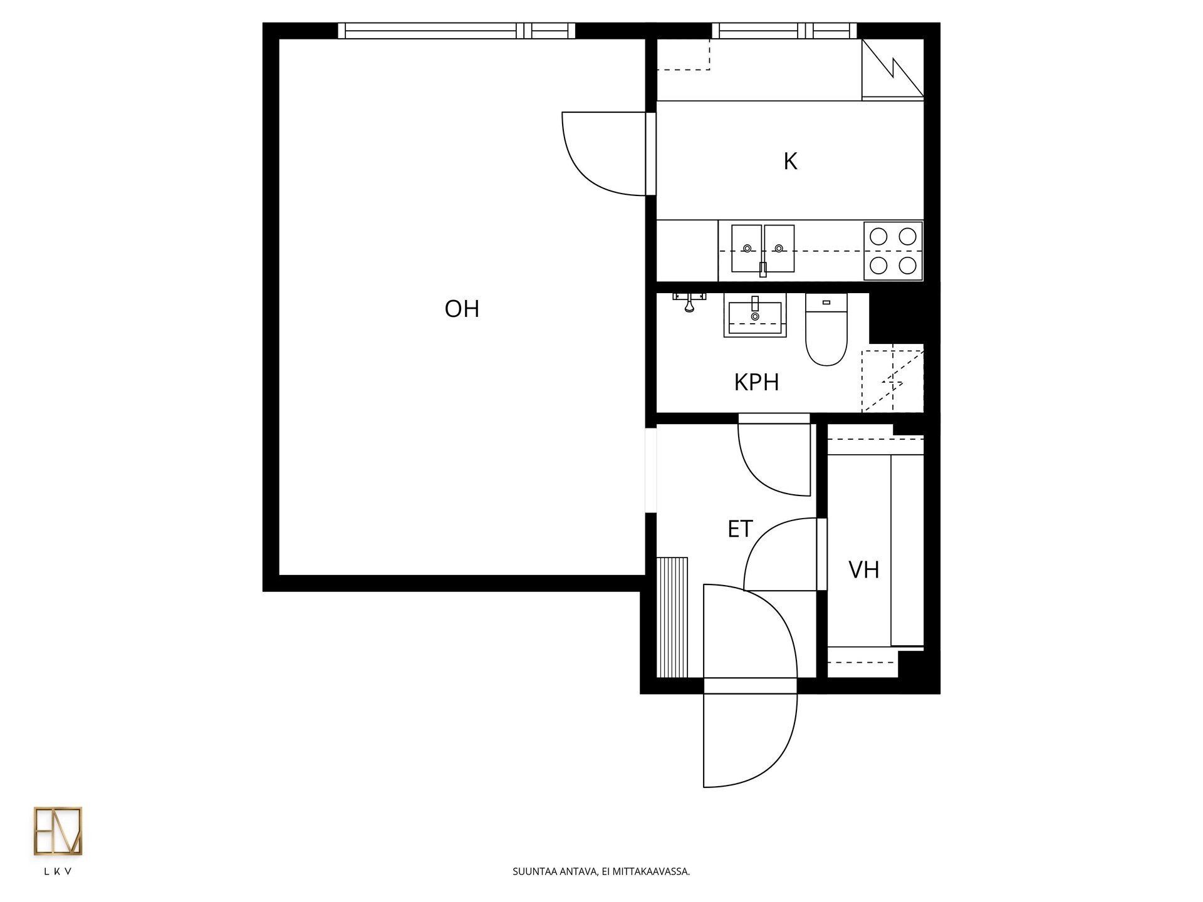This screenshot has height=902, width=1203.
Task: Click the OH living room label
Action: click(462, 309)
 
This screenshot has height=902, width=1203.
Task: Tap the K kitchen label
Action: click(790, 162)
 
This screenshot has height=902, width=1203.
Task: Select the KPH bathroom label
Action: click(756, 382)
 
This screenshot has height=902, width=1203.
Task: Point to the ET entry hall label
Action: click(739, 529)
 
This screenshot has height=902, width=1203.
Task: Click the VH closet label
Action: click(863, 570)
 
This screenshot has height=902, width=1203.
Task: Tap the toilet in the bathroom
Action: click(826, 329)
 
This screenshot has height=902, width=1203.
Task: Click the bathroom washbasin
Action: click(754, 316)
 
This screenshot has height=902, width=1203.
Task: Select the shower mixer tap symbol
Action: click(689, 301)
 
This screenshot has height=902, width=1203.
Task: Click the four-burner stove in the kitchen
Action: click(893, 251)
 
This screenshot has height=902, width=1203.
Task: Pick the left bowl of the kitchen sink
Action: click(747, 249)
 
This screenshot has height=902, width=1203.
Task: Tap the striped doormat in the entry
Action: click(672, 617)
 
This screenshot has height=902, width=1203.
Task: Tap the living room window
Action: click(456, 31)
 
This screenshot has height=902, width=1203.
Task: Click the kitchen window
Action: click(784, 31)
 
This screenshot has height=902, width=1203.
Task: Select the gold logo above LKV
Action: click(58, 831)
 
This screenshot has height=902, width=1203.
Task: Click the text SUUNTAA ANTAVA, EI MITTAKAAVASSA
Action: click(601, 871)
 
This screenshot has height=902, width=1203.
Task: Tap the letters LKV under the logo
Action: click(58, 871)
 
